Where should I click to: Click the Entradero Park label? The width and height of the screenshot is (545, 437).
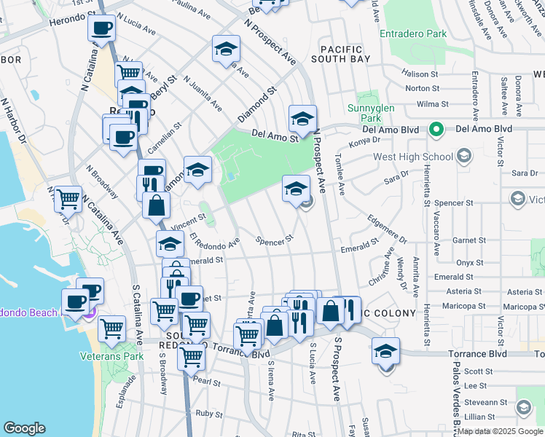coord(412,34)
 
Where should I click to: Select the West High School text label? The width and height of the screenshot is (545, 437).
coord(412,157)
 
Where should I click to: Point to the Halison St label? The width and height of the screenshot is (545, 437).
coord(421,74)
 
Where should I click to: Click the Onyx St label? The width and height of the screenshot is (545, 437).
coord(470,262)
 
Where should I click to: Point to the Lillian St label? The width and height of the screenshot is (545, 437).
coord(479,417)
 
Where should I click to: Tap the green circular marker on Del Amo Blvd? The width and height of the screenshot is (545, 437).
coord(436,130)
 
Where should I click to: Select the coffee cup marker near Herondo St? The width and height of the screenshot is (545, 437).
coord(101,29)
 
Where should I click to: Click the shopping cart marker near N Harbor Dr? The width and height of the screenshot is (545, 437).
coord(68,197)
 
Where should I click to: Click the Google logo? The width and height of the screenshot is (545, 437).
coord(25,428)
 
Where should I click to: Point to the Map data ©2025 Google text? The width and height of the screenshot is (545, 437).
coord(494,431)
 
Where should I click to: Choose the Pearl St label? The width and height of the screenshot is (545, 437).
coord(207,382)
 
